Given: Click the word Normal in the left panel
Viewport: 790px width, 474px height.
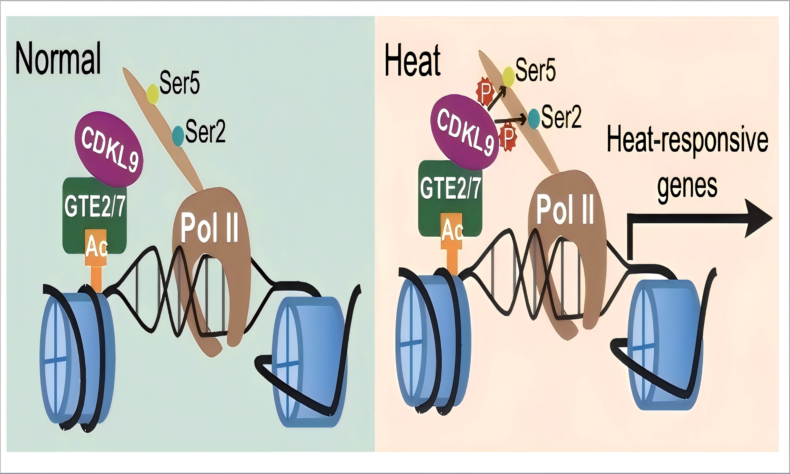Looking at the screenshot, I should (58, 58).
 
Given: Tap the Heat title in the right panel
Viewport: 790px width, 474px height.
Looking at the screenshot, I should (413, 61).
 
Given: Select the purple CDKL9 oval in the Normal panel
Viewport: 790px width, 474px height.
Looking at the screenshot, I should (109, 149).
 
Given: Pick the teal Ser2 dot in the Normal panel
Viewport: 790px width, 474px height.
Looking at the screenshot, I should (178, 136).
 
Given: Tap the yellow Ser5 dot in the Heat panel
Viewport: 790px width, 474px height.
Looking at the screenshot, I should (508, 77).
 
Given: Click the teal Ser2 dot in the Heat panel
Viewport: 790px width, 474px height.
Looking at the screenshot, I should (534, 118).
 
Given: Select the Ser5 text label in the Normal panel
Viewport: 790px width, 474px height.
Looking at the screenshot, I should (180, 83).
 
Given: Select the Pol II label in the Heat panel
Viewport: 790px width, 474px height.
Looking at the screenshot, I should (565, 210).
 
